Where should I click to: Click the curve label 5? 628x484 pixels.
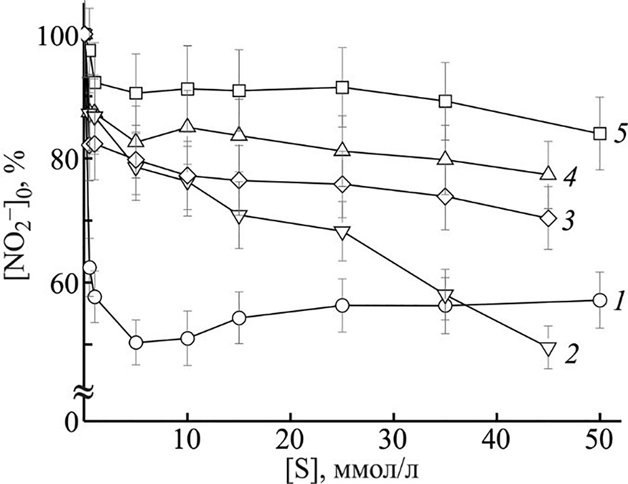click(619, 133)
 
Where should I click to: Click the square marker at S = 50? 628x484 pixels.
click(599, 133)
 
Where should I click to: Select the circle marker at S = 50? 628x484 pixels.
click(599, 300)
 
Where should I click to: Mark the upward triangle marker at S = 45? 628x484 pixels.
click(548, 174)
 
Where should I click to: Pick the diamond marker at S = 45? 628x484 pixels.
click(548, 219)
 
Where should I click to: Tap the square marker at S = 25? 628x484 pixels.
click(342, 88)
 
